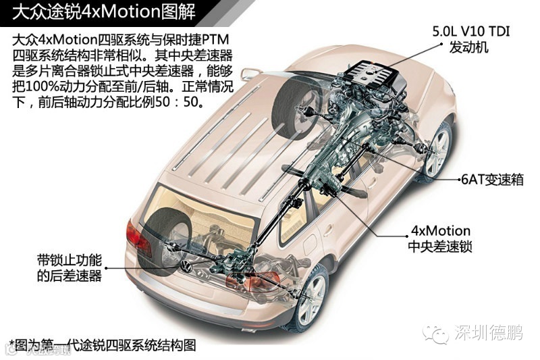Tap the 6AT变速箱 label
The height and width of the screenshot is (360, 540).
[491, 180]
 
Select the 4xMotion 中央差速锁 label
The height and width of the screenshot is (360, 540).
[439, 238]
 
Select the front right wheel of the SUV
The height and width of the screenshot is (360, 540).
[437, 151]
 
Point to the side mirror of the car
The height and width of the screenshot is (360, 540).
[250, 74]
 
